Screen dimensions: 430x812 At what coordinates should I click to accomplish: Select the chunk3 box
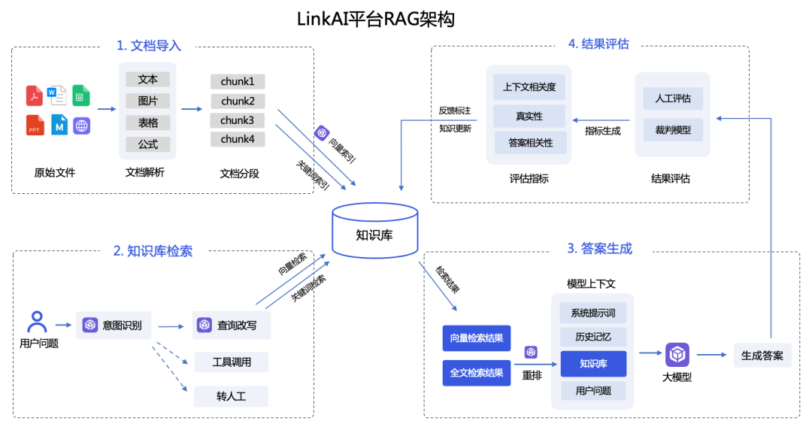(238, 120)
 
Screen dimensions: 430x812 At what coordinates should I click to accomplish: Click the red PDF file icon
(35, 95)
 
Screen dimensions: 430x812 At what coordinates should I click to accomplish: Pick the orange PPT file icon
(35, 125)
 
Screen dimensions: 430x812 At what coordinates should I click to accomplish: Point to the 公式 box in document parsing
(147, 144)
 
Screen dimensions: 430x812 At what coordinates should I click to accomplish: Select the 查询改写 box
(231, 326)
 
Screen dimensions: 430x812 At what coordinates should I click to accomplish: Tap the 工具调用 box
(231, 362)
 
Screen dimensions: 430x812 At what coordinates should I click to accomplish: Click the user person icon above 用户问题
(37, 322)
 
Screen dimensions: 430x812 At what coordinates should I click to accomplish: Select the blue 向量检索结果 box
(477, 338)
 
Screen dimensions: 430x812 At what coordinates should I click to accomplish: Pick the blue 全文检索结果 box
(477, 372)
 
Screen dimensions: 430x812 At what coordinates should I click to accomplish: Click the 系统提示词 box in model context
(593, 313)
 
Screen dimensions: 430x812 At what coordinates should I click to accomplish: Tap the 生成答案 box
(762, 356)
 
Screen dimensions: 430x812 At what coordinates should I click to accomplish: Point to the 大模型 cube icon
(677, 354)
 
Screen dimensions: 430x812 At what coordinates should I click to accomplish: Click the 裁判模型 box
(672, 130)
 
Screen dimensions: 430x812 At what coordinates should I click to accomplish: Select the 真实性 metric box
(529, 117)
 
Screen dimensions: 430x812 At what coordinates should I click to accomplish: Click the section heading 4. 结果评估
(598, 44)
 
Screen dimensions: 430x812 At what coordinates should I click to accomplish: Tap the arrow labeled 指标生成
(602, 119)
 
